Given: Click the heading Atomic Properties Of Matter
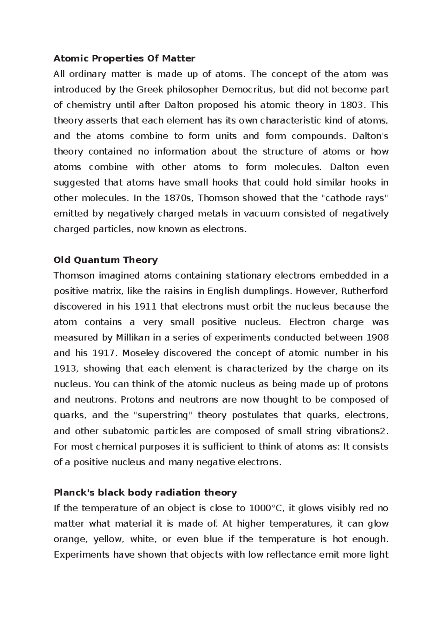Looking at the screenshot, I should point(124,59).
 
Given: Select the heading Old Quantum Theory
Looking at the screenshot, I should point(106,260).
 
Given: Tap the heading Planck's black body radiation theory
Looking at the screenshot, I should point(145,492).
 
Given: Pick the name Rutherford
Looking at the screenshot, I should point(364,291).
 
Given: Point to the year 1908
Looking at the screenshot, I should point(378,338).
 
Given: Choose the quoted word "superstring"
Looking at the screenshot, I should point(162,415).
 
